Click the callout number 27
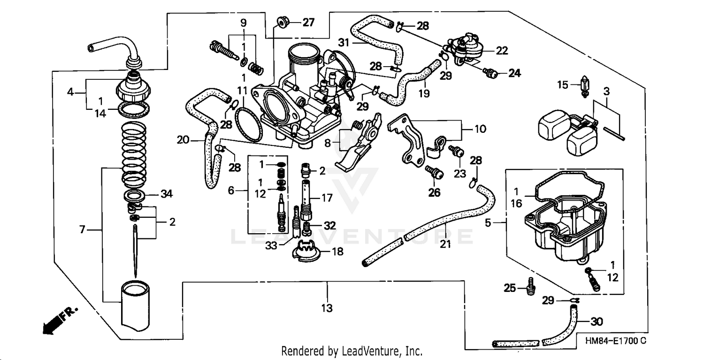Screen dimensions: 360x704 click(x=308, y=22)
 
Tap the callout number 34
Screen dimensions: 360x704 click(x=167, y=193)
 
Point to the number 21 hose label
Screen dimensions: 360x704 click(x=445, y=244)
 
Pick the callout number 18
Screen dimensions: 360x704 click(x=337, y=252)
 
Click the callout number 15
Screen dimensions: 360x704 click(x=562, y=85)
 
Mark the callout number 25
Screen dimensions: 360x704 click(x=510, y=287)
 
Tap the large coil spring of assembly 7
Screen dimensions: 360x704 click(x=134, y=153)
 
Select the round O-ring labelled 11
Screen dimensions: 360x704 click(x=247, y=124)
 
